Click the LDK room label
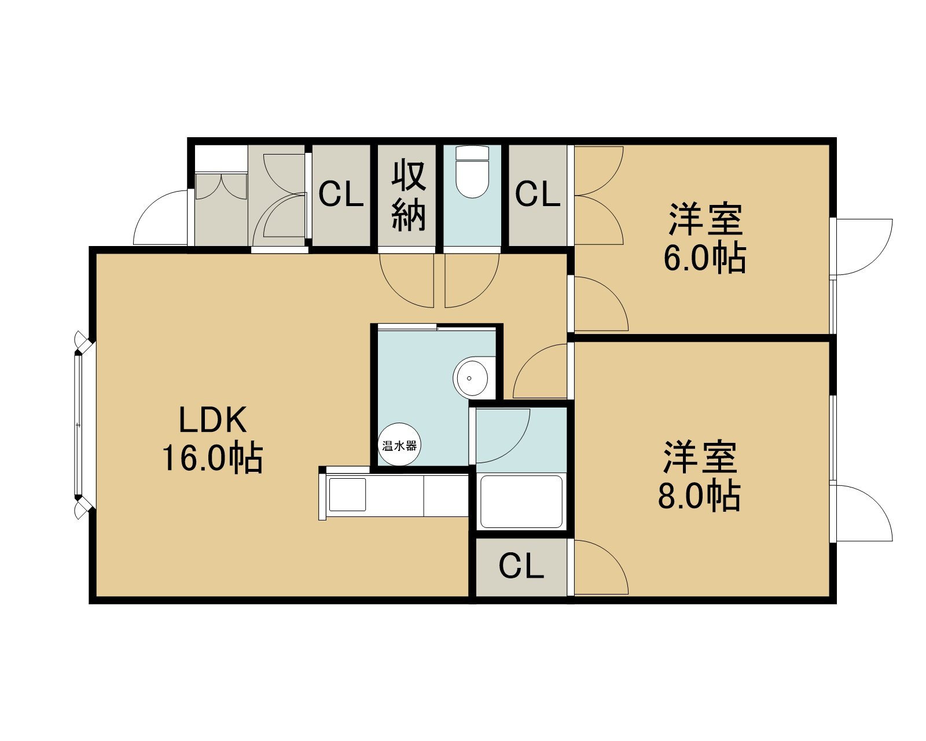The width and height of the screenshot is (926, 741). (x=212, y=420)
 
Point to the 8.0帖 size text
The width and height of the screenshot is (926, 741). (x=699, y=497)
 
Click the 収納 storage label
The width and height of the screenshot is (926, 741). (x=409, y=195)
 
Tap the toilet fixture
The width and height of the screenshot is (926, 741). (x=472, y=172)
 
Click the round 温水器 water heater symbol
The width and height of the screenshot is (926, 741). (x=399, y=445)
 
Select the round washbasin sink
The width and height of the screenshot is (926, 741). (x=471, y=378)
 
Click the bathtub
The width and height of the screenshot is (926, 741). (x=521, y=501)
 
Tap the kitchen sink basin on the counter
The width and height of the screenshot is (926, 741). (x=347, y=494)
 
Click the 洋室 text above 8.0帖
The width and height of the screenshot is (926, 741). (x=700, y=457)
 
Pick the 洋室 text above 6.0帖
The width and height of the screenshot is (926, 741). (x=705, y=219)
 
